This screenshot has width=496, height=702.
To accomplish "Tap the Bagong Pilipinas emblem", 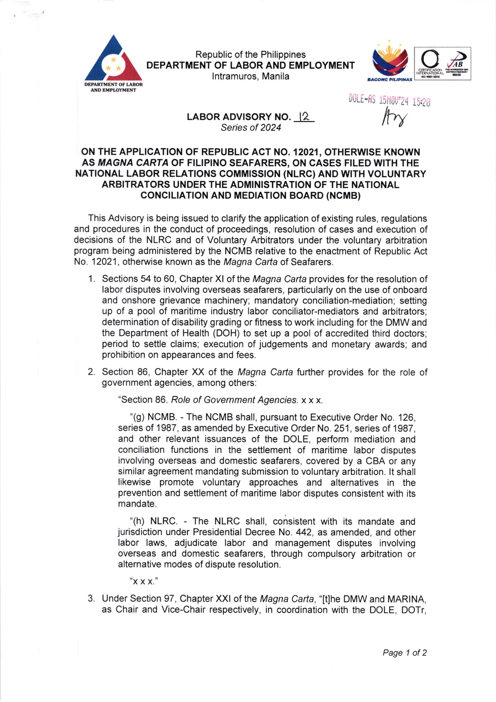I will [390, 62].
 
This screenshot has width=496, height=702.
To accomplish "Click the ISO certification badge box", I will [443, 64].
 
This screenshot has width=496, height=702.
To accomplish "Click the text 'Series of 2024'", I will [251, 128].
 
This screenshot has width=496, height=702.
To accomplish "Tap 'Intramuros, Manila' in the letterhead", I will [250, 76].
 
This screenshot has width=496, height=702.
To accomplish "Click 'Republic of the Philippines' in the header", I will [250, 55].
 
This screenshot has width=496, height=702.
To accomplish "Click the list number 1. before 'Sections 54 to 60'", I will [91, 279].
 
